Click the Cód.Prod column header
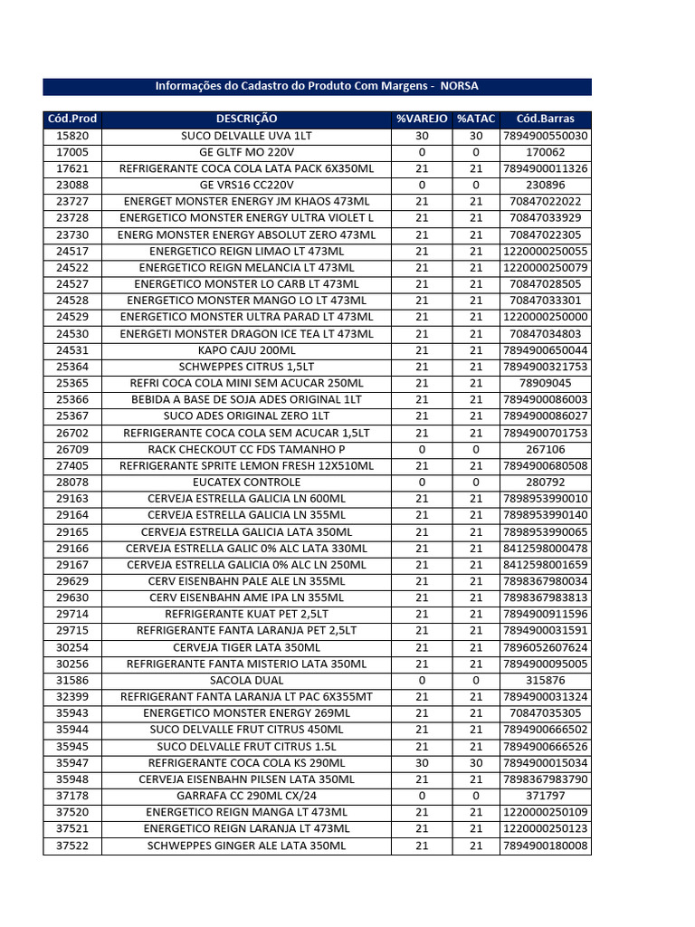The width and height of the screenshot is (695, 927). (71, 119)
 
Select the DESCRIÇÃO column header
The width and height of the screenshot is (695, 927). (246, 119)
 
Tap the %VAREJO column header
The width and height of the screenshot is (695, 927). (421, 119)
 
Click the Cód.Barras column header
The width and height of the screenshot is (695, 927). (545, 119)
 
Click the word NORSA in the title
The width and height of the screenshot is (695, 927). (459, 87)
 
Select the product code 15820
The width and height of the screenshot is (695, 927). (72, 136)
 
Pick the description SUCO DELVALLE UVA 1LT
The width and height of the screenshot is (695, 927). (246, 136)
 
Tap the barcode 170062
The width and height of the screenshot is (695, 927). (545, 152)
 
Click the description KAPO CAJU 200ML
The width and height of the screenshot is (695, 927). (246, 350)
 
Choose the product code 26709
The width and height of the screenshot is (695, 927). (72, 449)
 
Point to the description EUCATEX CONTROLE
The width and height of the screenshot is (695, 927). (246, 483)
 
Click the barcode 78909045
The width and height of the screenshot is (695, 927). (545, 383)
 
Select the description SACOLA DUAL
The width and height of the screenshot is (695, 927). (246, 680)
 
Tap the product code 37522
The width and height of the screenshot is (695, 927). (72, 846)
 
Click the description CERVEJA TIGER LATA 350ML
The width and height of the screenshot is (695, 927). (246, 647)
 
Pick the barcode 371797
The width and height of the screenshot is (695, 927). (545, 796)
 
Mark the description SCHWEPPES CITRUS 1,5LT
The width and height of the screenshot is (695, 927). (246, 367)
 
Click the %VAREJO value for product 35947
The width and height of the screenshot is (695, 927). (421, 763)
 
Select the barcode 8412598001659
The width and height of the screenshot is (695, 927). (545, 565)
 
